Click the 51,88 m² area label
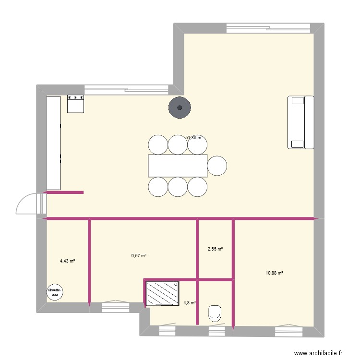coord(193,138)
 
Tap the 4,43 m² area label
coord(67,261)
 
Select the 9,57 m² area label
coord(139,256)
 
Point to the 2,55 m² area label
coord(215,249)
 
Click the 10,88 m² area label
coord(274,273)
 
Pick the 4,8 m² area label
coord(190,302)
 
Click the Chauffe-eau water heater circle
coord(55,292)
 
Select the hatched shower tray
coord(162,293)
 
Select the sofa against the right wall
coord(300,122)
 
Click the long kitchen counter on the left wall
coord(53,143)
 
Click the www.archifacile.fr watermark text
coord(317,353)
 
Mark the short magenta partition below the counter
coord(64,192)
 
